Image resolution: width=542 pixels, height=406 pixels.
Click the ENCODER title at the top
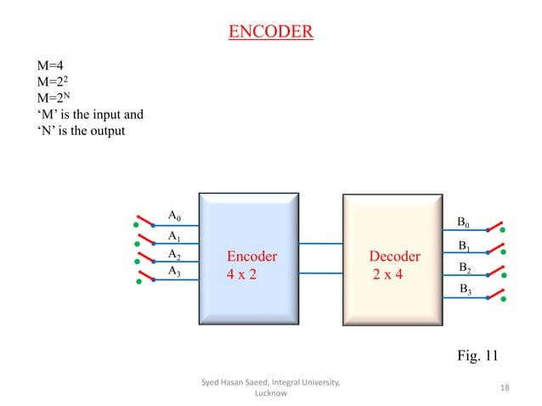(x=270, y=33)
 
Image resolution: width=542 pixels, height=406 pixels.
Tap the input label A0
(x=174, y=216)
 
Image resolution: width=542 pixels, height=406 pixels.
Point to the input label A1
(x=174, y=236)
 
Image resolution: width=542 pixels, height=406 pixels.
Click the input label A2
(x=174, y=254)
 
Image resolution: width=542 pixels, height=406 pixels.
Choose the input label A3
(x=174, y=271)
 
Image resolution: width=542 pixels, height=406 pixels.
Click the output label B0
(x=464, y=223)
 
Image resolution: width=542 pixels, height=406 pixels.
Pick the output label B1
(x=465, y=246)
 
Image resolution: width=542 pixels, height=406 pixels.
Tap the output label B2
(x=465, y=268)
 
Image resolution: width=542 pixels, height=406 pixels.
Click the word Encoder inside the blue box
(x=251, y=257)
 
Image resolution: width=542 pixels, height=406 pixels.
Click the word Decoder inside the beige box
(x=394, y=257)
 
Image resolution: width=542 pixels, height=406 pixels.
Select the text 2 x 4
(x=387, y=275)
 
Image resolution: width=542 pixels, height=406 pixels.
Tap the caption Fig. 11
(x=478, y=355)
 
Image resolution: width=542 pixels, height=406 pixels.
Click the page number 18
(x=505, y=388)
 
